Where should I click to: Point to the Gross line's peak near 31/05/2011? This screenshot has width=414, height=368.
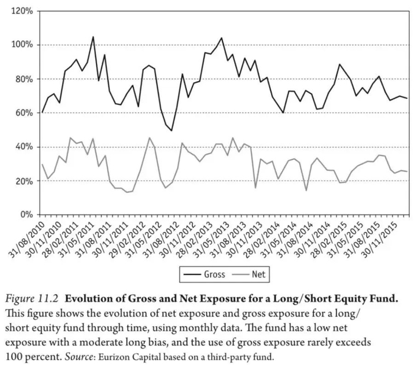pyautogui.click(x=93, y=37)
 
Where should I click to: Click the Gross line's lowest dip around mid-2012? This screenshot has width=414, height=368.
pyautogui.click(x=171, y=130)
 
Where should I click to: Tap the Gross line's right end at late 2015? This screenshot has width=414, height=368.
pyautogui.click(x=407, y=98)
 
